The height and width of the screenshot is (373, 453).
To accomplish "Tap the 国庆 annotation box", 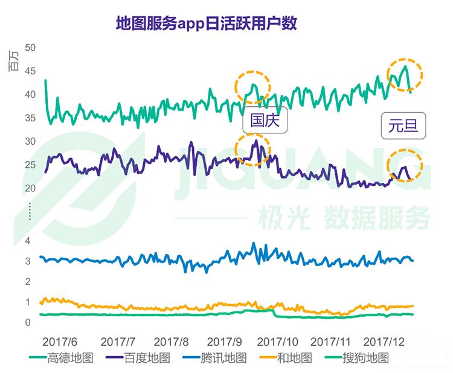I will click(x=266, y=120).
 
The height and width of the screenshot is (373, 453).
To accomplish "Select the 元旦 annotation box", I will click(x=403, y=127).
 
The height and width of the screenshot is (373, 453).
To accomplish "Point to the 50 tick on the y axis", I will click(x=30, y=47).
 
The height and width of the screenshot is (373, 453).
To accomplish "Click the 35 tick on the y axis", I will click(x=30, y=118).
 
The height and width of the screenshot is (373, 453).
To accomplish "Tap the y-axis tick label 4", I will click(x=27, y=241).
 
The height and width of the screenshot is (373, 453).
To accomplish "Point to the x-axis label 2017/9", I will click(x=226, y=341).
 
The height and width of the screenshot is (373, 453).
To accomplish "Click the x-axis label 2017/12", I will click(x=388, y=341).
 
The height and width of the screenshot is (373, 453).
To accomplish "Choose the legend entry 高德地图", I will click(x=62, y=358).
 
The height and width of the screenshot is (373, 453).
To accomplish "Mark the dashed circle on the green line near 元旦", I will click(x=404, y=75).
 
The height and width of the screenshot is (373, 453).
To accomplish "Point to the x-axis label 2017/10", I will click(x=280, y=341).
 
